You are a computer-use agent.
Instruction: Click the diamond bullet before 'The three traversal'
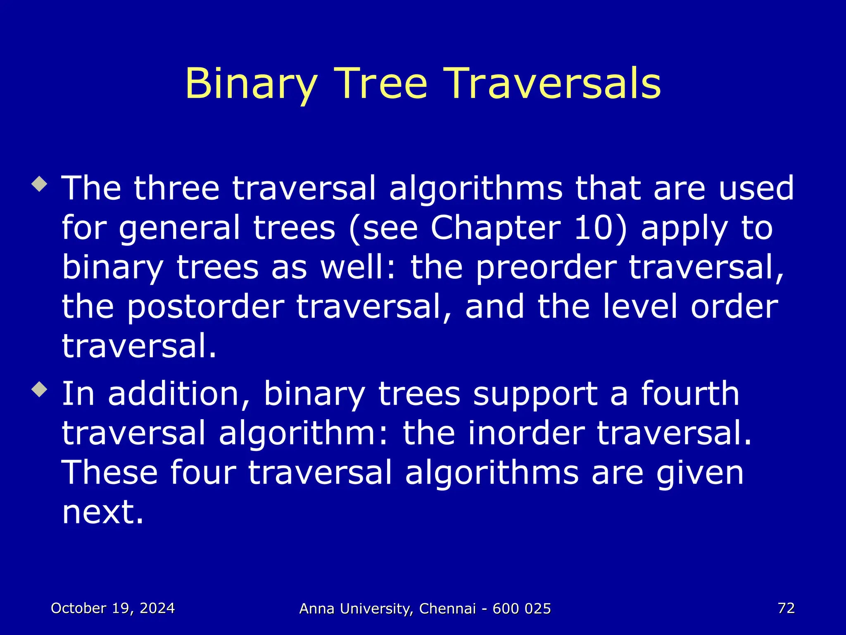click(x=40, y=184)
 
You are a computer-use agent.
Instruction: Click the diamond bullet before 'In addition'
click(x=40, y=389)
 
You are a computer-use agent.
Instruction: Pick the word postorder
click(x=205, y=307)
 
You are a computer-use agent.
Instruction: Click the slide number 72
click(x=786, y=608)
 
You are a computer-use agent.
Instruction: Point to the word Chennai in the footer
click(x=447, y=609)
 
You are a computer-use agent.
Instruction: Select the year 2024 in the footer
click(x=157, y=608)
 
